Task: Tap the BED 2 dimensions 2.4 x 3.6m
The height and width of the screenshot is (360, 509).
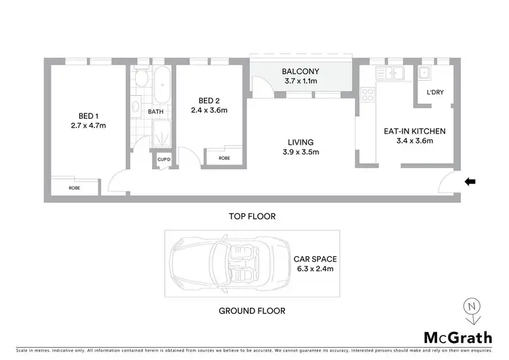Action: point(208,110)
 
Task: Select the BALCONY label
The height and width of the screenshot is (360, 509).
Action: point(300,71)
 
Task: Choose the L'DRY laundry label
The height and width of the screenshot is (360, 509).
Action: point(435,93)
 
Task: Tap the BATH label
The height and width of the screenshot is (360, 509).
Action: point(155,111)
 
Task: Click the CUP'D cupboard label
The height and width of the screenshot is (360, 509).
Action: point(164,160)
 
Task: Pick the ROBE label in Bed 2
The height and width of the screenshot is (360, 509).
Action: point(223,158)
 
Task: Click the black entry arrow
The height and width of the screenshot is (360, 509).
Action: point(470,181)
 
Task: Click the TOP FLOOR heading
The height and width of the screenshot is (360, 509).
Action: point(252,217)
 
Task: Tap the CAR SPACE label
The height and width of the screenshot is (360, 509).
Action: point(314,259)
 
